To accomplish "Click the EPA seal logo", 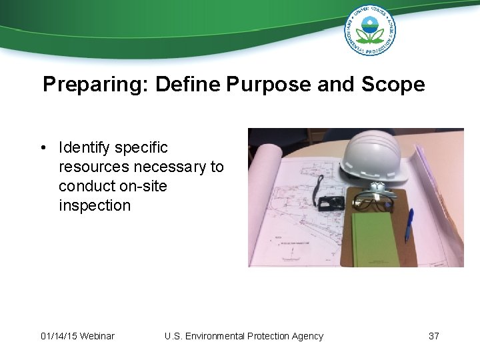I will (x=370, y=30).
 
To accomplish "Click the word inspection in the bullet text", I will (x=95, y=205).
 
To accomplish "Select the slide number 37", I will (x=433, y=336).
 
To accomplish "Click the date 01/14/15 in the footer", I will (x=58, y=336).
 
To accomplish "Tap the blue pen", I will (x=409, y=224).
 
